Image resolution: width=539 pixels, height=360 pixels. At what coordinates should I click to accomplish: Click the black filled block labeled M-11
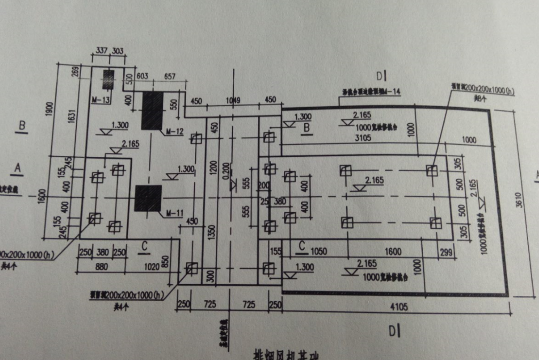click(x=148, y=198)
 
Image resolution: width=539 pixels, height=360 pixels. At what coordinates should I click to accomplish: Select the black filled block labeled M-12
click(x=153, y=110)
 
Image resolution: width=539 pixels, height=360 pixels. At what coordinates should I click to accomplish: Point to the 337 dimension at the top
click(x=101, y=51)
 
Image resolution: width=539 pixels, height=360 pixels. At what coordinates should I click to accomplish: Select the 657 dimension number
click(x=169, y=77)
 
